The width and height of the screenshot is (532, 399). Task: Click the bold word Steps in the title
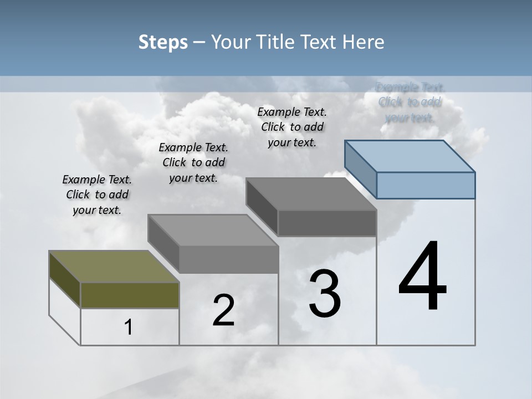coord(163,42)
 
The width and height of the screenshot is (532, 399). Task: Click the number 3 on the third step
coord(324,294)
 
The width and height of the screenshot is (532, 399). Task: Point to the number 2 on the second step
coord(223,310)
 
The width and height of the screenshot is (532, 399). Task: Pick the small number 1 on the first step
coord(129,327)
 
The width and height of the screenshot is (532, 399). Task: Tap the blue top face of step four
coord(410,155)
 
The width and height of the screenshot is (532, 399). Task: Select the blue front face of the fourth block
coord(426,185)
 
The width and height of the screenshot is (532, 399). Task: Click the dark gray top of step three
coord(310,194)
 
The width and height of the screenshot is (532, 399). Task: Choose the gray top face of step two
coord(213,230)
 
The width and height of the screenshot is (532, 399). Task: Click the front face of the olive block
coord(130,295)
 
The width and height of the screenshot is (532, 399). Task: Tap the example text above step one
coord(97,195)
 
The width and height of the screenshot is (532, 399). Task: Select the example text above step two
coord(193,162)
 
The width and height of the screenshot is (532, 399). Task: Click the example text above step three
coord(292,127)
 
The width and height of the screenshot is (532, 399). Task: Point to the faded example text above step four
coord(410,102)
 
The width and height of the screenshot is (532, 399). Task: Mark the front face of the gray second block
coord(228,259)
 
